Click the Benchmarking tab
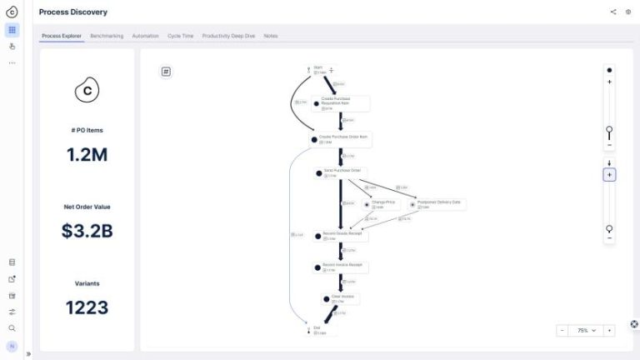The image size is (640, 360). coord(107,36)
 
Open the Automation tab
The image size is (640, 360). coord(145,36)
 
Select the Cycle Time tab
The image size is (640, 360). coord(181,36)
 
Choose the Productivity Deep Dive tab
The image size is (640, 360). coord(229,36)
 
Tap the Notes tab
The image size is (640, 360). coord(271,36)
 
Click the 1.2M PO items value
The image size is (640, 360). coord(87,154)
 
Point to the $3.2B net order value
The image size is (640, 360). coord(87,231)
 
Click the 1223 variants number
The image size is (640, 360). coord(87,307)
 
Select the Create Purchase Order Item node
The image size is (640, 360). coord(342,139)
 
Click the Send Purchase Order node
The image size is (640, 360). coord(340,172)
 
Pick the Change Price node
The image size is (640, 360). coord(382,203)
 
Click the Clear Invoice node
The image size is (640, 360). coord(341,297)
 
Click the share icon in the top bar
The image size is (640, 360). coord(613,12)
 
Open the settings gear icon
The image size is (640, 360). coord(628,12)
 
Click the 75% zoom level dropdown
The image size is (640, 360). coord(587,330)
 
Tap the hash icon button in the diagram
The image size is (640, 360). coord(166,72)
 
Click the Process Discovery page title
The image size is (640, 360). coord(73,12)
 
